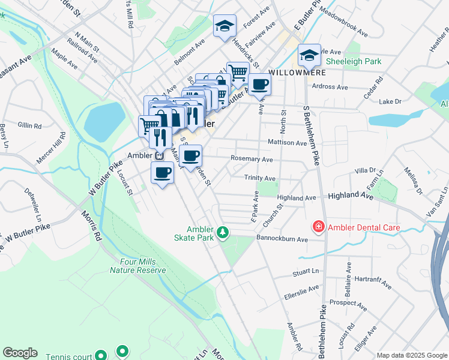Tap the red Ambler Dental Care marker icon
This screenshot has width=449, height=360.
pyautogui.click(x=318, y=227)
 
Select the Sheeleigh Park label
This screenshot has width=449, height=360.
pyautogui.click(x=354, y=61)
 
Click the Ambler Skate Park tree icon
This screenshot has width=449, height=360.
pyautogui.click(x=223, y=231)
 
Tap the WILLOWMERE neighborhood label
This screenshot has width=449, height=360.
pyautogui.click(x=289, y=72)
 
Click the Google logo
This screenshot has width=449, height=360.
pyautogui.click(x=20, y=353)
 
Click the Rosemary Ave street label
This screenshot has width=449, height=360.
pyautogui.click(x=252, y=160)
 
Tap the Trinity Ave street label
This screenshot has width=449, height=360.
pyautogui.click(x=260, y=178)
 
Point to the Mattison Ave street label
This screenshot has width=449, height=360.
pyautogui.click(x=287, y=143)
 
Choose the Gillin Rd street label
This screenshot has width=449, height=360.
pyautogui.click(x=29, y=125)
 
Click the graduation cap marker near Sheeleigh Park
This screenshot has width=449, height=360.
pyautogui.click(x=310, y=55)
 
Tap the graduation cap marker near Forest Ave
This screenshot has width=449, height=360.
pyautogui.click(x=225, y=26)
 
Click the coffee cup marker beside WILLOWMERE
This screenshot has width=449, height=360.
pyautogui.click(x=260, y=85)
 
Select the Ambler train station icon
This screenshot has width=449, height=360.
pyautogui.click(x=160, y=155)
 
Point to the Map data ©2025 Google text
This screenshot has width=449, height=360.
pyautogui.click(x=412, y=355)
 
